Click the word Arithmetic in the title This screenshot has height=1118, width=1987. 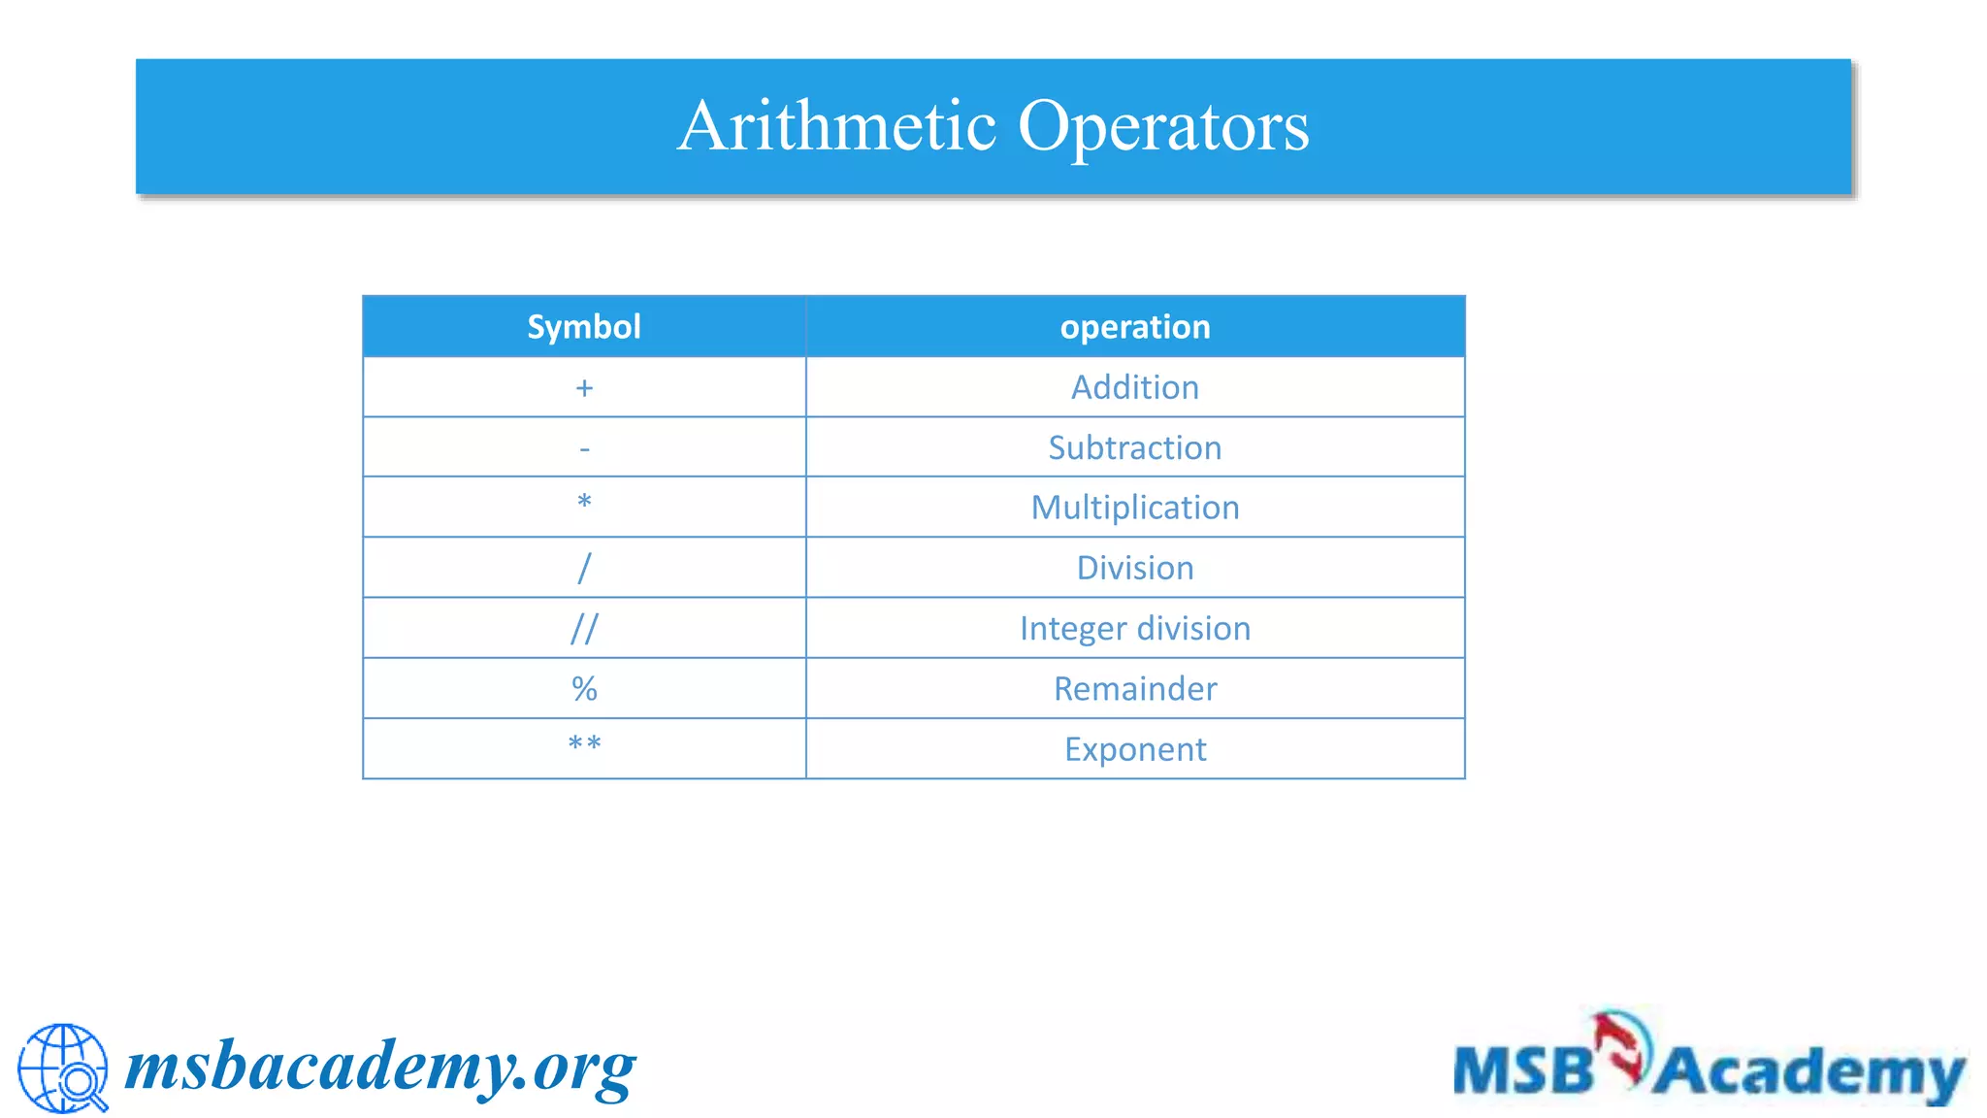point(836,126)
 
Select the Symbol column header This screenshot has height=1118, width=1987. point(584,327)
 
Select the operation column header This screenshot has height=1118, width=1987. point(1135,327)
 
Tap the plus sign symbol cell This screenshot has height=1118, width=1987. point(584,388)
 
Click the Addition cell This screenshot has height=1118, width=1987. point(1135,387)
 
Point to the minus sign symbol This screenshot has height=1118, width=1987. point(584,448)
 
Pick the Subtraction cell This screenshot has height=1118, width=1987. point(1135,447)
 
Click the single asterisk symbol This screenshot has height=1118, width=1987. point(584,503)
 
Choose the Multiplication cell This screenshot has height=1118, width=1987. point(1135,508)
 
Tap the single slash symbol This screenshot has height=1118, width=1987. point(584,568)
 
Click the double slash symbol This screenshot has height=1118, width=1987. point(584,629)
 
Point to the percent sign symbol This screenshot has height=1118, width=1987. point(584,689)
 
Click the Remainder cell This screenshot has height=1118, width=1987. point(1135,689)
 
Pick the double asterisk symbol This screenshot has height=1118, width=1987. point(584,744)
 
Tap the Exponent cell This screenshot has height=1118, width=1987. point(1135,749)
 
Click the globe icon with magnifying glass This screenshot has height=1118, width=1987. point(63,1068)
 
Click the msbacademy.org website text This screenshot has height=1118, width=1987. point(380,1068)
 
